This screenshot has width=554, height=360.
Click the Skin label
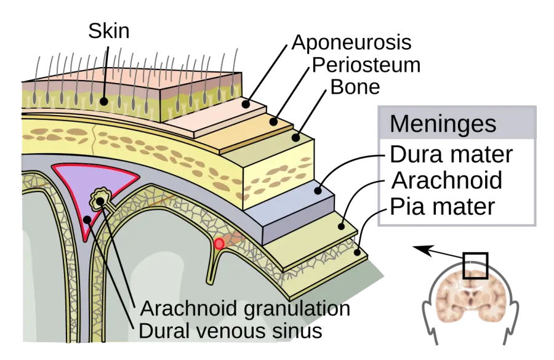tap(109, 31)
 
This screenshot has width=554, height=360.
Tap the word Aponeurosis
tap(351, 42)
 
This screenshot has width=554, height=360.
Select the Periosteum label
tap(366, 65)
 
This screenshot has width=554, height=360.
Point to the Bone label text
tap(355, 87)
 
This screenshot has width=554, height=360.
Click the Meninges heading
tap(443, 124)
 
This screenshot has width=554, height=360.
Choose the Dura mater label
tap(451, 154)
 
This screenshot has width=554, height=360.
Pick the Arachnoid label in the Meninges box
tap(447, 180)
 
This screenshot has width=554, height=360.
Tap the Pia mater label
tap(443, 207)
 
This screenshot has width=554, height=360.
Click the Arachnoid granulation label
tap(245, 308)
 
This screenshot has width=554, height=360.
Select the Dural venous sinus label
tap(230, 331)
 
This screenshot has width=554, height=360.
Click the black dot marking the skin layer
tap(103, 102)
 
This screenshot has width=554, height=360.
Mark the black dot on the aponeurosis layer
tap(246, 104)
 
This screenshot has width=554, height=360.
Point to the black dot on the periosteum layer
tap(273, 122)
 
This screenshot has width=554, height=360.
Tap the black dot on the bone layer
tap(295, 137)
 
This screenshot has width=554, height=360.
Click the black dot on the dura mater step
tap(318, 190)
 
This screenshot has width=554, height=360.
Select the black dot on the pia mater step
tap(358, 252)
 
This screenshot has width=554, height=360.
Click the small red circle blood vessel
tap(219, 244)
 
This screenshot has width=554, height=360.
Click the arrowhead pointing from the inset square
tap(420, 249)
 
